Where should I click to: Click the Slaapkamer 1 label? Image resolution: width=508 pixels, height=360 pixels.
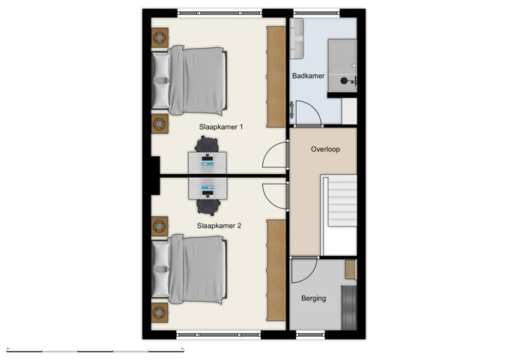[221, 127]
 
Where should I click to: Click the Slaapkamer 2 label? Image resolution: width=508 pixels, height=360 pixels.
[219, 224]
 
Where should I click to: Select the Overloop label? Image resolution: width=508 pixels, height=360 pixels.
[325, 149]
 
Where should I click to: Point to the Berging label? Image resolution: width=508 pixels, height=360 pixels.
[313, 298]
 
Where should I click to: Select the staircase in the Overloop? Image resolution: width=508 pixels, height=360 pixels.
[339, 214]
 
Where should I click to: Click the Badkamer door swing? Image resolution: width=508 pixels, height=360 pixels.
[308, 113]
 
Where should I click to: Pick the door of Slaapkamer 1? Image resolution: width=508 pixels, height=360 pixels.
[275, 155]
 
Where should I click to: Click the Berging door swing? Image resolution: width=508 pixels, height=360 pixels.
[305, 271]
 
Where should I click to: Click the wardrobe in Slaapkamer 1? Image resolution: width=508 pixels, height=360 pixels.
[276, 75]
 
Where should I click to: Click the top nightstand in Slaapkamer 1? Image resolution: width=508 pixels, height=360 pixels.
[160, 37]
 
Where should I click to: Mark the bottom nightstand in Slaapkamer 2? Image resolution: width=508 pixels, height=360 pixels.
[160, 311]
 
